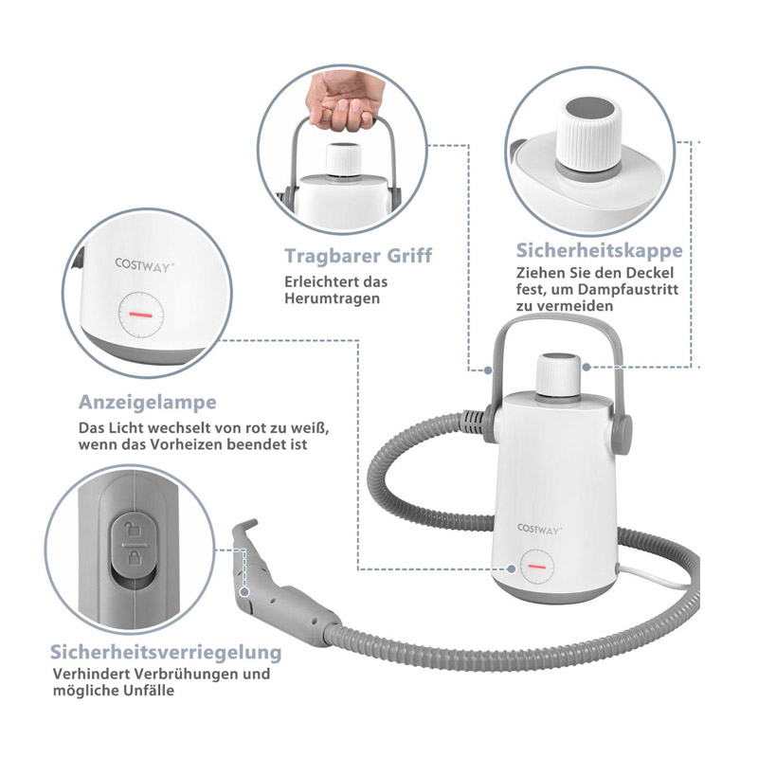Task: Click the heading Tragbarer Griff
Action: [x=358, y=256]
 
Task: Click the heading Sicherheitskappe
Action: [x=599, y=250]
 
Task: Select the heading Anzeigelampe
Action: [x=148, y=402]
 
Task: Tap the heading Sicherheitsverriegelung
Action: [x=166, y=652]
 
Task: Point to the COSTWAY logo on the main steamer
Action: [x=539, y=530]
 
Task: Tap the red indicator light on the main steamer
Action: [x=536, y=566]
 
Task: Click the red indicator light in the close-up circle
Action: [x=140, y=315]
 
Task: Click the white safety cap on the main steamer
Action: [x=559, y=375]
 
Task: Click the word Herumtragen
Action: [x=333, y=298]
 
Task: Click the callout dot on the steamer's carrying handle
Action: [x=488, y=370]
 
